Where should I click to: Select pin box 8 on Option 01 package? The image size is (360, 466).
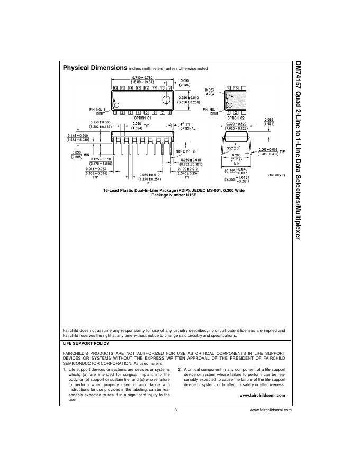click(x=169, y=112)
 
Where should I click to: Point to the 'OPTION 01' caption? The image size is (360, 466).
click(x=142, y=118)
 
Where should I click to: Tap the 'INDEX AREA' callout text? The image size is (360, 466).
click(x=210, y=92)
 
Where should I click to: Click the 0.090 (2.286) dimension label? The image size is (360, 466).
click(x=185, y=83)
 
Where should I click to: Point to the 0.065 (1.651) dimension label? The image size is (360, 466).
click(x=269, y=121)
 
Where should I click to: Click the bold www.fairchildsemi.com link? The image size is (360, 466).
click(x=262, y=395)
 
